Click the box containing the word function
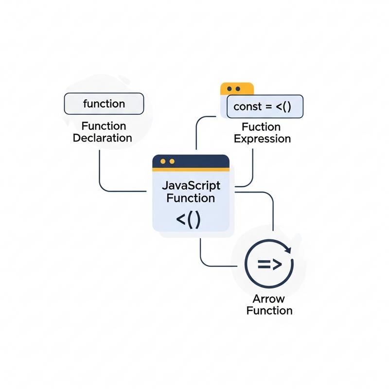pyautogui.click(x=104, y=104)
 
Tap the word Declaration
pyautogui.click(x=102, y=138)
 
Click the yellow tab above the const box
pyautogui.click(x=237, y=88)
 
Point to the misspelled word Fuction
pyautogui.click(x=262, y=127)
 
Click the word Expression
pyautogui.click(x=262, y=139)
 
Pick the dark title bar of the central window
pyautogui.click(x=191, y=161)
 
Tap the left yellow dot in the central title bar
pyautogui.click(x=162, y=161)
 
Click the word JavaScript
pyautogui.click(x=190, y=186)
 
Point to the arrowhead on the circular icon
pyautogui.click(x=287, y=250)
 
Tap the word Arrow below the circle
pyautogui.click(x=269, y=299)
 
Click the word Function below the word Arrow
pyautogui.click(x=269, y=310)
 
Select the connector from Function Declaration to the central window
pyautogui.click(x=100, y=175)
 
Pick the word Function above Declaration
pyautogui.click(x=104, y=126)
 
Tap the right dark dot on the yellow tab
pyautogui.click(x=238, y=89)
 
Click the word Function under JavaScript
pyautogui.click(x=190, y=198)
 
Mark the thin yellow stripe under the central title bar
pyautogui.click(x=191, y=170)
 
